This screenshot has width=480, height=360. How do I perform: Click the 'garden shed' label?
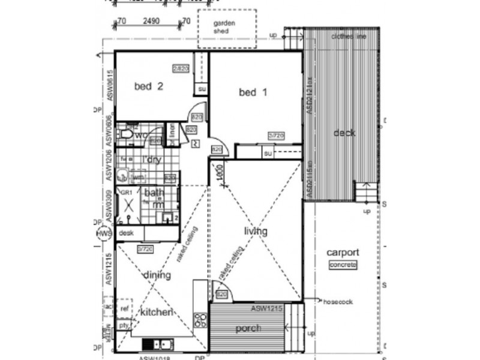point(226,28)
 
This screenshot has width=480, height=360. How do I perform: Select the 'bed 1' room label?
point(253,92)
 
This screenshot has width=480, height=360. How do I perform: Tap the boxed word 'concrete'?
point(344,265)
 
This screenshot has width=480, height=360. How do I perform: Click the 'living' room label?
point(256,231)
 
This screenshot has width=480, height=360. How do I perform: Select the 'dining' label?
point(157,275)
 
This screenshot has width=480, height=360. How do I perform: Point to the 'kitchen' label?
point(157,312)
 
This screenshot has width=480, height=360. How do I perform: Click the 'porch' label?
point(248,328)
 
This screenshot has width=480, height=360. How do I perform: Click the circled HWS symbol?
point(103,233)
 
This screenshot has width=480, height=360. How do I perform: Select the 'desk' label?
point(126,233)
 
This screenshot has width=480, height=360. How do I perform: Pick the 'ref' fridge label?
point(125,308)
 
